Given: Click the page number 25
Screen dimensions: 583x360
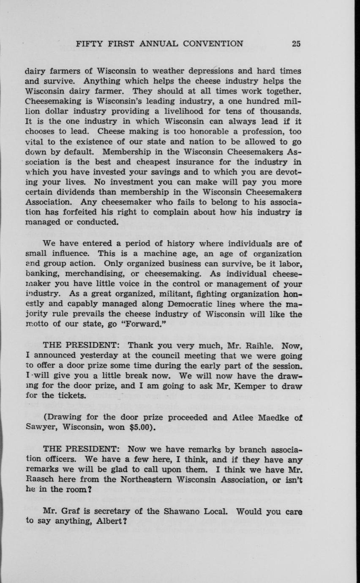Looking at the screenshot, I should coord(296,44).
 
